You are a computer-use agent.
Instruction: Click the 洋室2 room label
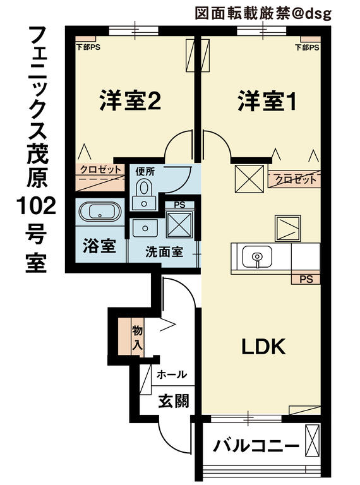click(130, 100)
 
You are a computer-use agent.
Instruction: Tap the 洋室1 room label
click(267, 100)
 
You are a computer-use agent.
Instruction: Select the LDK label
click(263, 347)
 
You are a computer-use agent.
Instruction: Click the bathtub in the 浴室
click(100, 212)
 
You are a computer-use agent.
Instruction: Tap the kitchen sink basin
click(257, 257)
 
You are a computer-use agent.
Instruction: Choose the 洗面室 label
click(164, 252)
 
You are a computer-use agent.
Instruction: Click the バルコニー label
click(256, 446)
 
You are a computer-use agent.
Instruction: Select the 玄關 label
click(173, 401)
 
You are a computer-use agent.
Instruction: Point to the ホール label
click(172, 374)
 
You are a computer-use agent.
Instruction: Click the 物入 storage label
click(137, 338)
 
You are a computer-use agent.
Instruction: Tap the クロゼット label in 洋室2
click(101, 170)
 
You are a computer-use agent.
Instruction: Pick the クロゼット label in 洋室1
click(296, 179)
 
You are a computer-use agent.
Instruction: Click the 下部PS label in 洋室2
click(88, 47)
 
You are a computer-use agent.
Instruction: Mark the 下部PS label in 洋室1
click(307, 47)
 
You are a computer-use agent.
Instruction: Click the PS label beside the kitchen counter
click(306, 279)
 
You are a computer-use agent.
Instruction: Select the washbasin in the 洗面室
click(145, 228)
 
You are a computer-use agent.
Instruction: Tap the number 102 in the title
click(36, 207)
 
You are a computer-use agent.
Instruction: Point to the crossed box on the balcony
click(312, 439)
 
